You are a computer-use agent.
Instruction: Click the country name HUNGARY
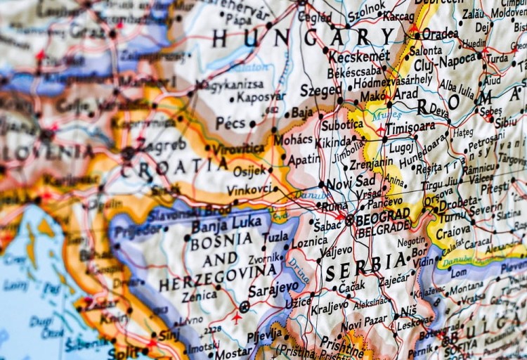coord(303,37)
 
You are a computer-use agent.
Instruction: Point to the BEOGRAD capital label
coord(383,214)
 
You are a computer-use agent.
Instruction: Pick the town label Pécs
coord(230,123)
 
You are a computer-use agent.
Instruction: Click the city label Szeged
coord(320,90)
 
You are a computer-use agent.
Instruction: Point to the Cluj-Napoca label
coord(445,65)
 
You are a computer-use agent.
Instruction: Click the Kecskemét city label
coord(359,56)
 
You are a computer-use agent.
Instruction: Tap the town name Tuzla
coord(276,238)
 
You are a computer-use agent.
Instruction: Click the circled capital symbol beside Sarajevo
coord(244,307)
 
